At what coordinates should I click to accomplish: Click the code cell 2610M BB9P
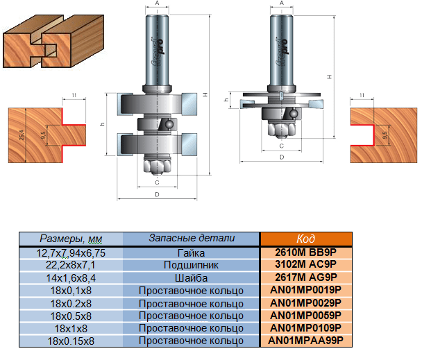pyautogui.click(x=305, y=253)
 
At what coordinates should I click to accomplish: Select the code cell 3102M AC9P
pyautogui.click(x=305, y=264)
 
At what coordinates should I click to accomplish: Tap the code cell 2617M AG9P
pyautogui.click(x=305, y=276)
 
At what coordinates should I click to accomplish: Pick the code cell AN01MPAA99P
pyautogui.click(x=305, y=341)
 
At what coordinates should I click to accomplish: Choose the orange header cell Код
pyautogui.click(x=305, y=239)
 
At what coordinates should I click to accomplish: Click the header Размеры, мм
pyautogui.click(x=71, y=239)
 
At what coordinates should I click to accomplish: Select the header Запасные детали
pyautogui.click(x=192, y=238)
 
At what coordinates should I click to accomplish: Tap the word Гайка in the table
pyautogui.click(x=191, y=253)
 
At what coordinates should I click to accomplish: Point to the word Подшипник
pyautogui.click(x=191, y=264)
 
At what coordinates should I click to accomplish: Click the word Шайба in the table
pyautogui.click(x=191, y=276)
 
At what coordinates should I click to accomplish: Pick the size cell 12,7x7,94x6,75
pyautogui.click(x=71, y=253)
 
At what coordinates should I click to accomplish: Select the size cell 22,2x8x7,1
pyautogui.click(x=71, y=264)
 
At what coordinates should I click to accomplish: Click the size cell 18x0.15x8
pyautogui.click(x=71, y=341)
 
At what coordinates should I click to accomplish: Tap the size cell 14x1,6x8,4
pyautogui.click(x=71, y=276)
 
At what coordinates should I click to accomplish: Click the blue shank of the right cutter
pyautogui.click(x=282, y=49)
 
